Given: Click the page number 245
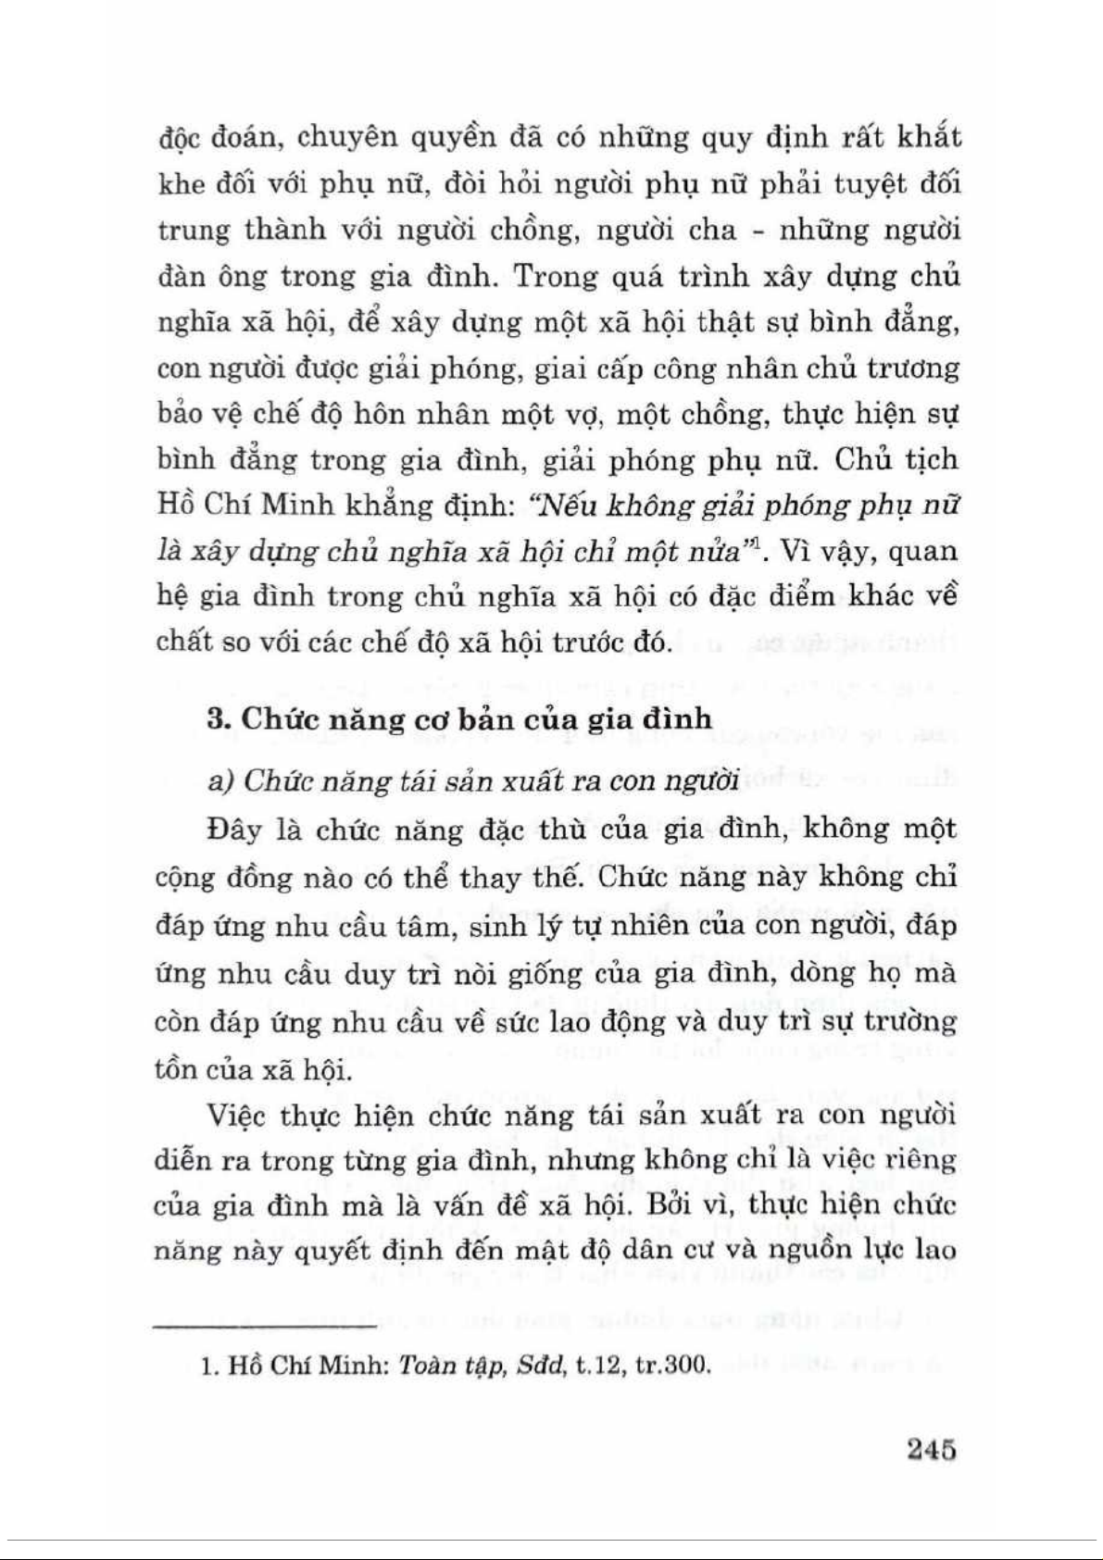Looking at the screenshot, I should pyautogui.click(x=931, y=1449).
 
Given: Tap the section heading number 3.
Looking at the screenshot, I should pyautogui.click(x=217, y=719).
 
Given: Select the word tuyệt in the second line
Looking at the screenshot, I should pyautogui.click(x=860, y=183).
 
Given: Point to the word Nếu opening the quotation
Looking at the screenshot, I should pyautogui.click(x=561, y=505).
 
